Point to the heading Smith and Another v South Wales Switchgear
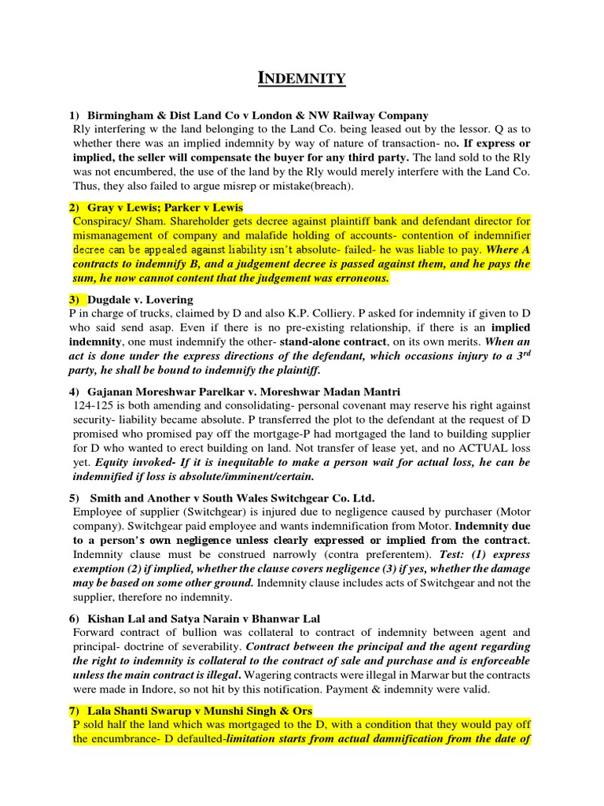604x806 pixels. pyautogui.click(x=233, y=498)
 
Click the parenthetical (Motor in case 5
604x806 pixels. pyautogui.click(x=510, y=512)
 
